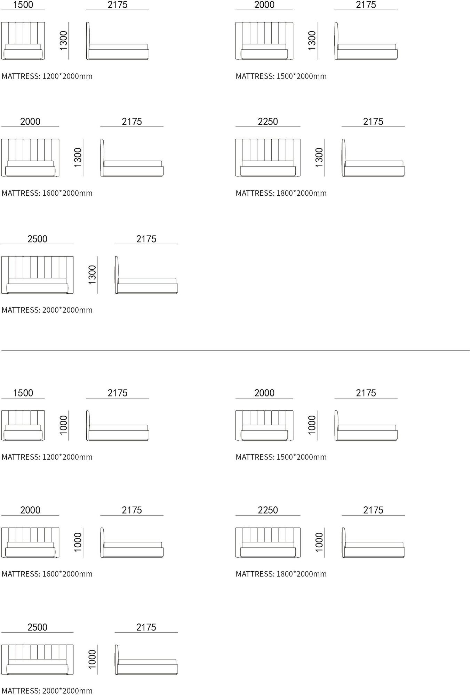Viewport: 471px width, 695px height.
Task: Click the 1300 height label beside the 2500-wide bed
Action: tap(92, 275)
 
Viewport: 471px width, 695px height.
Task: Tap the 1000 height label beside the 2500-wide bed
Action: tap(92, 659)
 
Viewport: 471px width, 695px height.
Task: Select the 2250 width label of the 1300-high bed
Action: tap(268, 122)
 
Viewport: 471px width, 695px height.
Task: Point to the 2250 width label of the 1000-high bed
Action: tap(268, 510)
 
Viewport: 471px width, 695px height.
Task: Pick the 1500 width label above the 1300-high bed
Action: tap(23, 5)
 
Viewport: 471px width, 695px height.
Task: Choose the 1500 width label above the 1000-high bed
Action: tap(23, 393)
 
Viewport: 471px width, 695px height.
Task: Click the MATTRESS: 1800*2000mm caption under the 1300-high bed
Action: tap(281, 193)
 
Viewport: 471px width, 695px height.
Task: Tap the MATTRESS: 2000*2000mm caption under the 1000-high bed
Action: tap(47, 691)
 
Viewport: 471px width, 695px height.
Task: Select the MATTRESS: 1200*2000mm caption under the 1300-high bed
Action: tap(47, 76)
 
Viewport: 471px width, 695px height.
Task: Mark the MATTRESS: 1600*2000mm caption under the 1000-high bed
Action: tap(47, 574)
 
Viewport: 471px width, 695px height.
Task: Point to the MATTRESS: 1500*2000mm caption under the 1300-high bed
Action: tap(281, 76)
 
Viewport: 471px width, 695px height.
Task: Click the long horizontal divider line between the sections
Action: tap(235, 350)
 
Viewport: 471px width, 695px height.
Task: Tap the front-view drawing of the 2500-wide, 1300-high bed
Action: tap(37, 275)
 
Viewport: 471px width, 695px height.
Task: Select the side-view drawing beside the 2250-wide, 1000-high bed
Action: tap(373, 542)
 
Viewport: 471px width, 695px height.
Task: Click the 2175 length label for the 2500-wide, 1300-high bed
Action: tap(146, 239)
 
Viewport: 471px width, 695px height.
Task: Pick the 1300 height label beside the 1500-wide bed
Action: tap(63, 41)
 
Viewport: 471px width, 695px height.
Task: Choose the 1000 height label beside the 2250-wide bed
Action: tap(319, 542)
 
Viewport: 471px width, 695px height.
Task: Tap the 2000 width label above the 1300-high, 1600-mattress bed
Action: tap(30, 122)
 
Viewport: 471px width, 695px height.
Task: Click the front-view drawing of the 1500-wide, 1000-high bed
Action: tap(23, 425)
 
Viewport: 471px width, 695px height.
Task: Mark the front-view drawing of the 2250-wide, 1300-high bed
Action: tap(268, 158)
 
